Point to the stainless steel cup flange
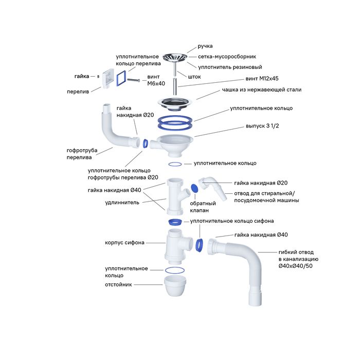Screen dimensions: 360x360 coord(175,102)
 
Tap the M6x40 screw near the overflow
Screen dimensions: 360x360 coord(135,80)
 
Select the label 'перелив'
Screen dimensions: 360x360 coord(78,92)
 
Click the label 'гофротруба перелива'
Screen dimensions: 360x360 coord(82,154)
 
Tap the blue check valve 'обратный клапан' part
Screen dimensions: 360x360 coord(194,189)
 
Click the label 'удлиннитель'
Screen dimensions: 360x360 coord(124,202)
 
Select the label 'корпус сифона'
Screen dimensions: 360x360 coord(125,242)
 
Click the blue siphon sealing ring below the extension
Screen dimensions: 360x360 coord(175,222)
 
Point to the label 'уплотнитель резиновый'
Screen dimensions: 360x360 coord(230,67)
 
